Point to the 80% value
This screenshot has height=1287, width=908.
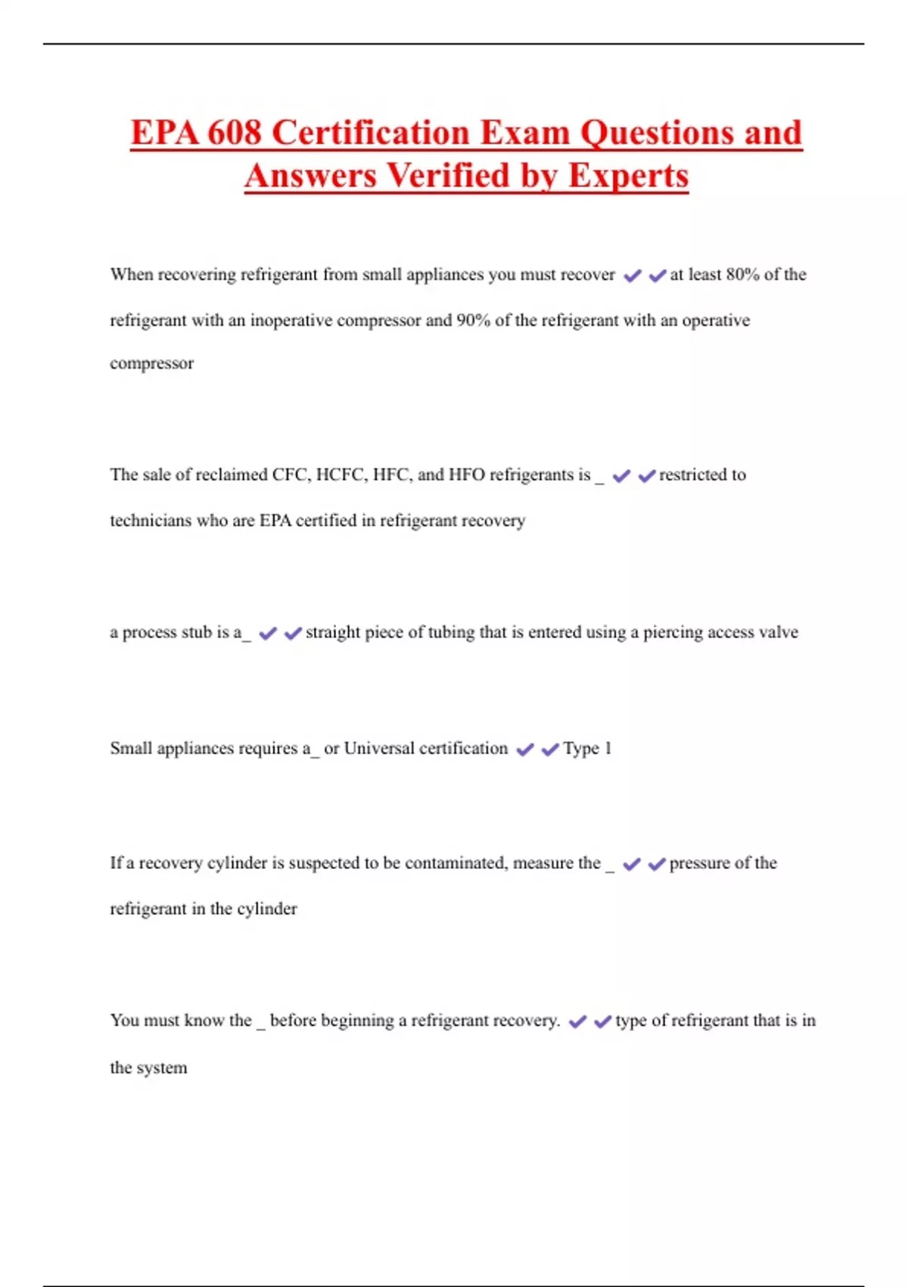(742, 275)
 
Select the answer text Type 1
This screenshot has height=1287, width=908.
(587, 749)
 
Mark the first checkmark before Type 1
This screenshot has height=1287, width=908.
(524, 749)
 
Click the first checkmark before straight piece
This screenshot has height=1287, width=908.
(268, 633)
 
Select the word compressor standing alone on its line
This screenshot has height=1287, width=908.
(151, 363)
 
